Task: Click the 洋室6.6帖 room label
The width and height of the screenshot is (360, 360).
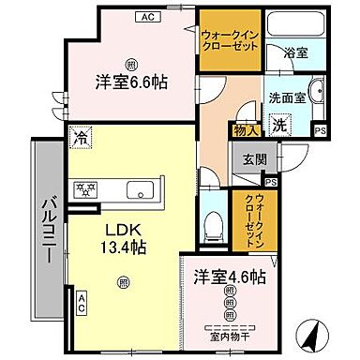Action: click(131, 82)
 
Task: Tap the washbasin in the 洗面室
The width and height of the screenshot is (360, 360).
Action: click(315, 94)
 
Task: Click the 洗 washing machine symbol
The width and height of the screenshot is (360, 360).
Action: click(279, 123)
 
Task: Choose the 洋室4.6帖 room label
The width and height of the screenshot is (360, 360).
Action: click(230, 277)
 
